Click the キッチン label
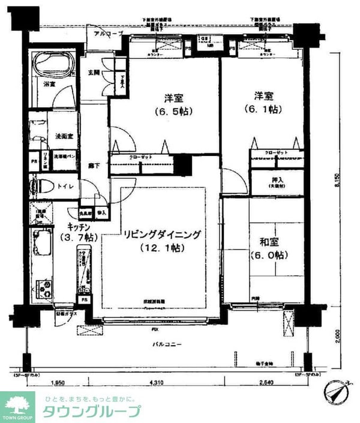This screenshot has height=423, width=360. (78, 227)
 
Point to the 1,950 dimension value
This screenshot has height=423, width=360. (57, 383)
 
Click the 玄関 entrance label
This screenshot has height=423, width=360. (94, 73)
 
